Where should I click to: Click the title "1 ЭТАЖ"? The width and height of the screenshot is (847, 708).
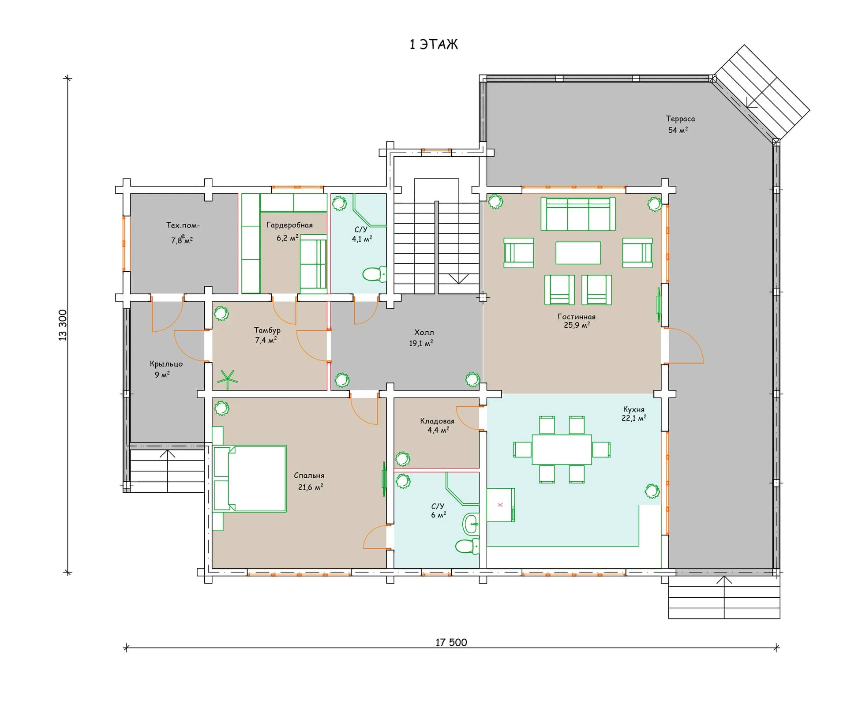[x=434, y=45]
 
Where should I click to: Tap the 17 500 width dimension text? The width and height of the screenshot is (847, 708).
[x=451, y=642]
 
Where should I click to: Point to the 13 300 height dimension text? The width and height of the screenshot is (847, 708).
[x=63, y=325]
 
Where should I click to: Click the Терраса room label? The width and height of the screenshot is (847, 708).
[x=680, y=119]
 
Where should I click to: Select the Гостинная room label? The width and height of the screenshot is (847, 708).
[x=576, y=317]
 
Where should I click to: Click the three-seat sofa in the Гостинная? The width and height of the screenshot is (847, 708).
[x=578, y=214]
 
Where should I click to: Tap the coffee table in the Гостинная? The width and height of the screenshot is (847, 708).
[x=578, y=253]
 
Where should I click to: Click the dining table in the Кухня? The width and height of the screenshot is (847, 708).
[x=562, y=450]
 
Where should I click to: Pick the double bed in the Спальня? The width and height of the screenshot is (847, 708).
[x=250, y=479]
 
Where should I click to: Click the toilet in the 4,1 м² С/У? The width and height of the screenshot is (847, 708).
[x=374, y=274]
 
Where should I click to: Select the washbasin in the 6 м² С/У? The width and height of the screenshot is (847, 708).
[x=471, y=524]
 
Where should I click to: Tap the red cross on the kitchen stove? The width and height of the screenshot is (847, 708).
[x=500, y=505]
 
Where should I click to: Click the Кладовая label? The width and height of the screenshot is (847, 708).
[x=437, y=421]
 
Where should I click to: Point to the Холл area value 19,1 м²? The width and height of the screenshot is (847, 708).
[x=421, y=343]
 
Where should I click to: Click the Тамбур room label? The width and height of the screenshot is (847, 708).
[x=267, y=330]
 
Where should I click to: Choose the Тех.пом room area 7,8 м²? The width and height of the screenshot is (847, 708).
[x=182, y=240]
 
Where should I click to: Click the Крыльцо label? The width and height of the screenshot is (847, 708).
[x=166, y=364]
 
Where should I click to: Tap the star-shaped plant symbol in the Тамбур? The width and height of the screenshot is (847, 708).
[x=227, y=379]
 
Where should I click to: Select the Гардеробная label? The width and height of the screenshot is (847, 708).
[x=289, y=225]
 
